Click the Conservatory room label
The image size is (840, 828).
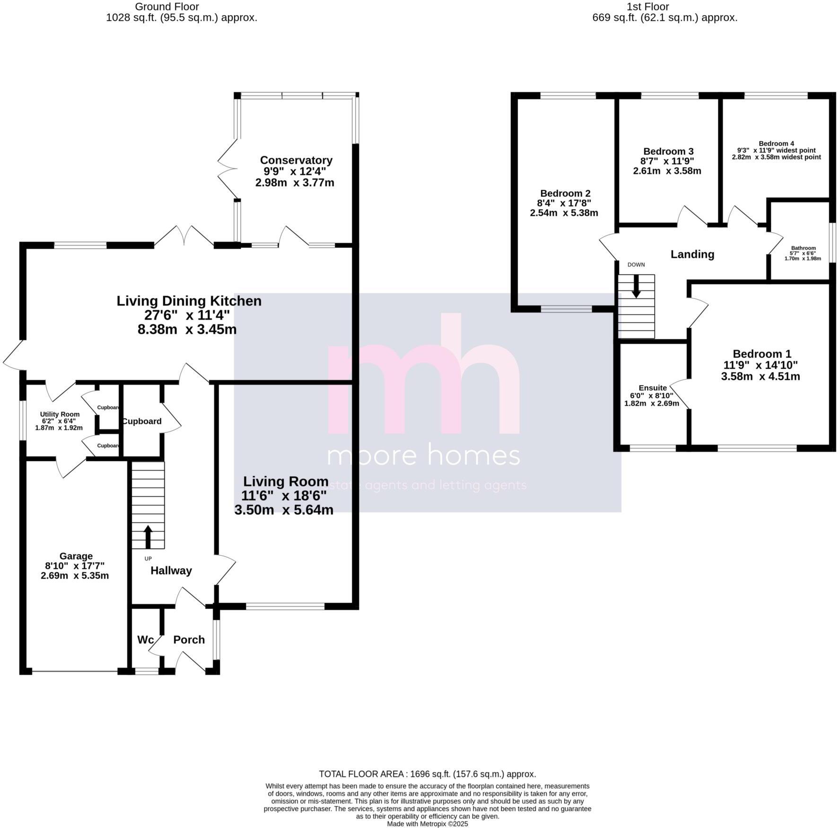pos(296,160)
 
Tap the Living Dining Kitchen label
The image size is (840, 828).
pos(189,301)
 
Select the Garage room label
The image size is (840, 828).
pos(76,556)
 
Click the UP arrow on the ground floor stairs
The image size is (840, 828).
pos(148,536)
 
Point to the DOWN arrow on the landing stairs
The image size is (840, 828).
pos(636,287)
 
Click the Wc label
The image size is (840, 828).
pos(145,640)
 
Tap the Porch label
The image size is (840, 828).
pos(189,640)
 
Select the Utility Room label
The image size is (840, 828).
pos(60,414)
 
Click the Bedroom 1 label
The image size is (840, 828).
pos(761,354)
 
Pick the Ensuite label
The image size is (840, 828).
pos(652,388)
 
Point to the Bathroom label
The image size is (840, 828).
pos(804,248)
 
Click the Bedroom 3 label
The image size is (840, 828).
pos(668,151)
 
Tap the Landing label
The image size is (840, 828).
pos(692,254)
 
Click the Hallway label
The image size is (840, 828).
pos(171,571)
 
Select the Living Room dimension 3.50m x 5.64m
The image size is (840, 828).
pos(284,510)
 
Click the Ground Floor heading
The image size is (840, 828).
pos(167,7)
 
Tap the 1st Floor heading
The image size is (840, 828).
pos(647,7)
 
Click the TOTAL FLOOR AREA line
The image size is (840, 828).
pos(427,787)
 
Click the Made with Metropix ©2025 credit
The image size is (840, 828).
pos(427,824)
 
